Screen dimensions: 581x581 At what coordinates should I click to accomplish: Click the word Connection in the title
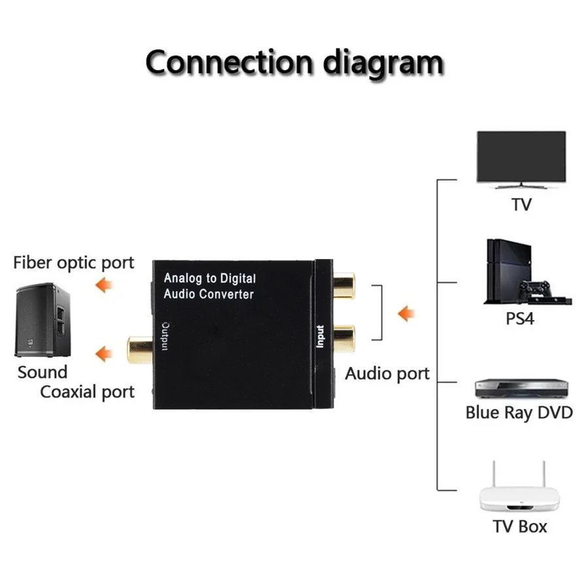228,63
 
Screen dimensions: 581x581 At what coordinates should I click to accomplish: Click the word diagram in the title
383,64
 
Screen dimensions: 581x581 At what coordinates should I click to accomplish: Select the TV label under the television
521,205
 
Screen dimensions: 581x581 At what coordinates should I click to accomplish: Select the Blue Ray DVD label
519,413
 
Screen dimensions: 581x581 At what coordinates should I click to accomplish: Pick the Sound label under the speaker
43,372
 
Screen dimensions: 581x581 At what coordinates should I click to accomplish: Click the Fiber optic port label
74,263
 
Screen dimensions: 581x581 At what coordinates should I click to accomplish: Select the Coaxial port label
87,392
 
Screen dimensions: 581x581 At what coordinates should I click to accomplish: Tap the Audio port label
387,374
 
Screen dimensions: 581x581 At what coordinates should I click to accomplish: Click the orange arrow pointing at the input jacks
406,314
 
